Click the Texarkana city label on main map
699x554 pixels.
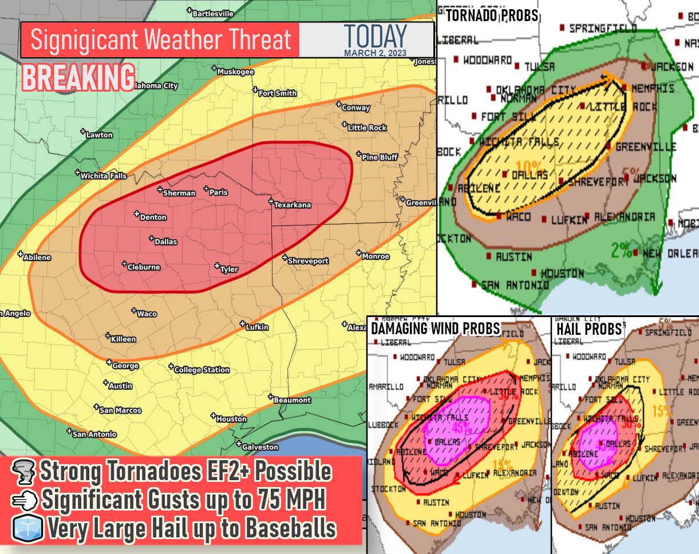(x=292, y=205)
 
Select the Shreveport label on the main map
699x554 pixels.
(x=307, y=261)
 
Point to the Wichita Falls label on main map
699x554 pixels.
(x=103, y=176)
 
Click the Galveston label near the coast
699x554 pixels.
(x=260, y=447)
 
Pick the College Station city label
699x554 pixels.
(x=202, y=370)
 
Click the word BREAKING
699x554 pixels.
(x=79, y=78)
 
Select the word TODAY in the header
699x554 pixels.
(x=376, y=36)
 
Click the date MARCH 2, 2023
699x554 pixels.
(x=376, y=53)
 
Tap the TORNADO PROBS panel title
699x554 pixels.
(x=492, y=15)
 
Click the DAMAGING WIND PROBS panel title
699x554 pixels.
(x=435, y=329)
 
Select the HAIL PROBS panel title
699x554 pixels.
(x=589, y=329)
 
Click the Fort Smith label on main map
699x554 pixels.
(x=277, y=93)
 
